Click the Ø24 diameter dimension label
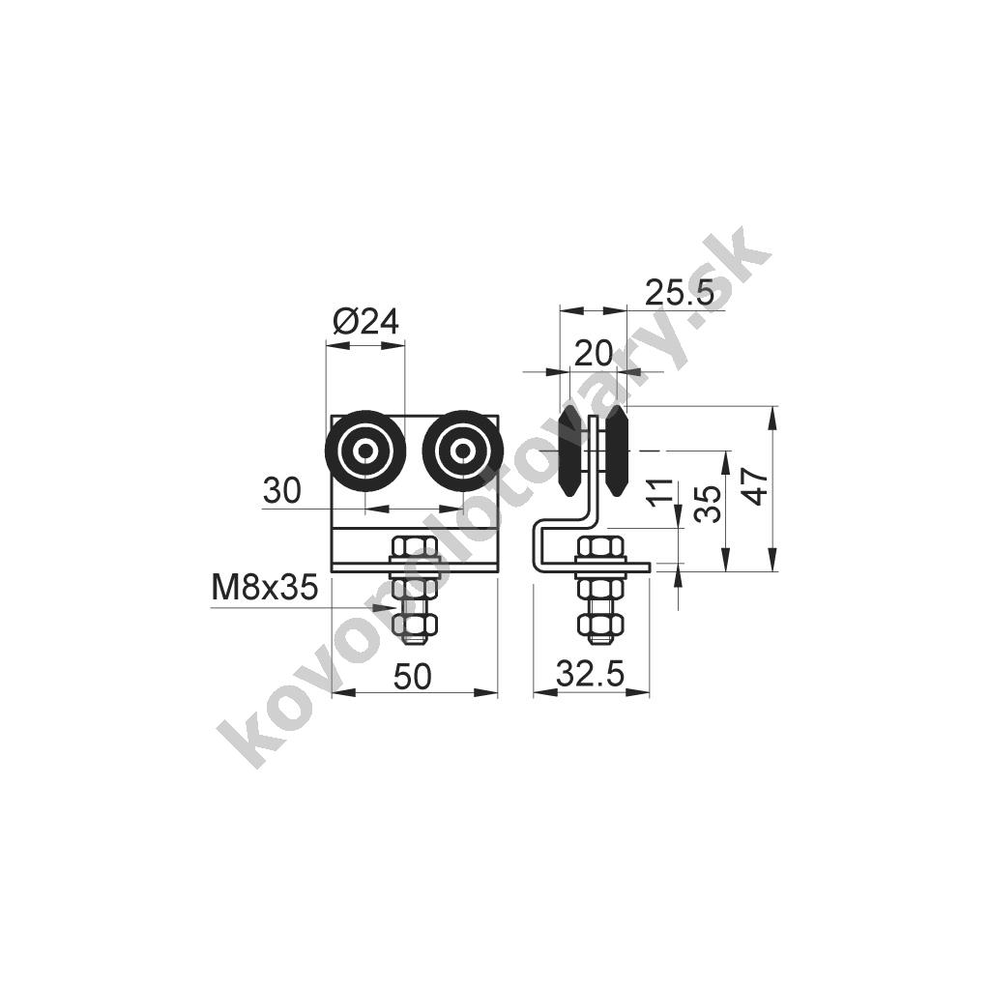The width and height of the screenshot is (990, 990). coord(365,323)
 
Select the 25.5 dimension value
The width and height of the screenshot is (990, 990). coord(680,293)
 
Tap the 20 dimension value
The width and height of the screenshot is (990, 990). coord(593,353)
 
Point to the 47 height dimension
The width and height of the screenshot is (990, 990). coord(757,486)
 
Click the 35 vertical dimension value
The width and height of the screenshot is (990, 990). coord(707,503)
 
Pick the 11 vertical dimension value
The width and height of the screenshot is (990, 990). coord(659,493)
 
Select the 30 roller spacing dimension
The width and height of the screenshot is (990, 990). coord(282,490)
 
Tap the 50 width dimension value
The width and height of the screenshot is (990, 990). coord(413,676)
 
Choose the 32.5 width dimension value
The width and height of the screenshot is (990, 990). coord(591,674)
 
